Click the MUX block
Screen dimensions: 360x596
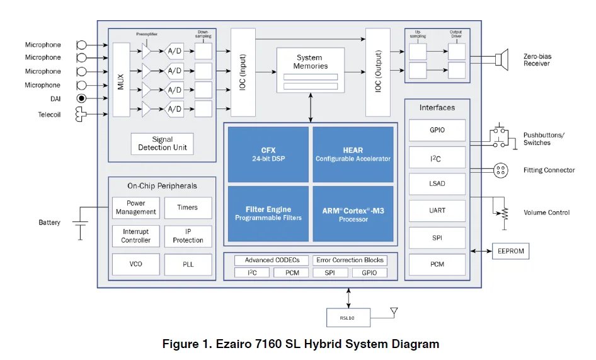click(121, 79)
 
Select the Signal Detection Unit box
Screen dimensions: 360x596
click(162, 144)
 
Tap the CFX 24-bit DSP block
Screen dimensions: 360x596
click(268, 154)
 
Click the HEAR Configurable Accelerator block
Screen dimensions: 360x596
click(353, 154)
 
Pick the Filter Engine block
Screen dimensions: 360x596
click(268, 213)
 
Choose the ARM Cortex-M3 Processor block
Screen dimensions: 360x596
click(353, 213)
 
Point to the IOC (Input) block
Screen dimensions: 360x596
click(243, 72)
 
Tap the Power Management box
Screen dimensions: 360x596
click(135, 207)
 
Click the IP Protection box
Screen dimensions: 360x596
click(188, 236)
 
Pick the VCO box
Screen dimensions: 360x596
click(135, 264)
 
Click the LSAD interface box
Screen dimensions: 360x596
click(437, 183)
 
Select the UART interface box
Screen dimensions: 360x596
click(437, 211)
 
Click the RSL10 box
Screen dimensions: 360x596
click(347, 318)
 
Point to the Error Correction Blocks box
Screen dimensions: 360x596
click(350, 260)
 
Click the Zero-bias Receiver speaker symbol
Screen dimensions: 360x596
click(501, 60)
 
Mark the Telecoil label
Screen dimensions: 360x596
click(49, 114)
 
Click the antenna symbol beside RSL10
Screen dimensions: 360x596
click(394, 311)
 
